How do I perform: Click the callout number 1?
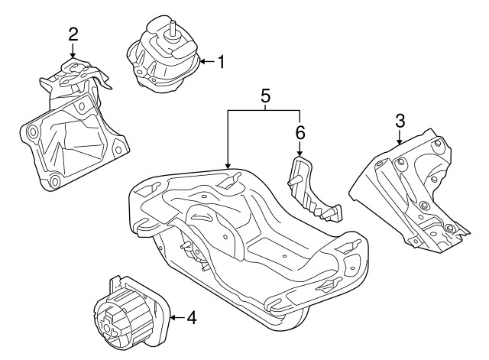pyautogui.click(x=221, y=62)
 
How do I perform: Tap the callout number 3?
pyautogui.click(x=400, y=120)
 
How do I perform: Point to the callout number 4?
pyautogui.click(x=191, y=317)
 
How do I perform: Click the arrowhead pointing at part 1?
pyautogui.click(x=202, y=61)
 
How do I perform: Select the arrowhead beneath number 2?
pyautogui.click(x=73, y=54)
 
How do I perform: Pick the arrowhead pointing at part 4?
pyautogui.click(x=173, y=317)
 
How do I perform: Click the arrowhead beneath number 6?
pyautogui.click(x=300, y=153)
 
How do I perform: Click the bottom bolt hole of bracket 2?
pyautogui.click(x=55, y=182)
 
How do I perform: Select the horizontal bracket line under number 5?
pyautogui.click(x=264, y=110)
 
